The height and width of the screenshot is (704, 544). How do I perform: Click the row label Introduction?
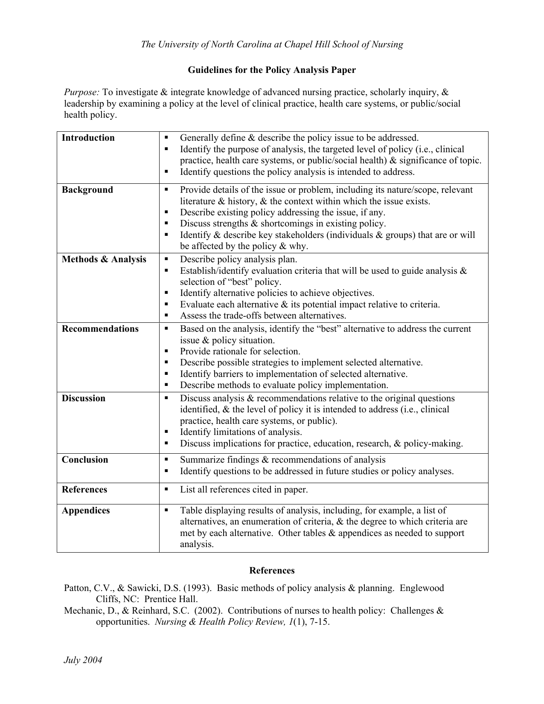(88, 138)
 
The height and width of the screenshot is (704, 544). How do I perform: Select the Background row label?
(87, 190)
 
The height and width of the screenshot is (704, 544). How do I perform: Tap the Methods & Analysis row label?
(104, 259)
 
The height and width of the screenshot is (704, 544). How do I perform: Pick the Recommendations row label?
(100, 329)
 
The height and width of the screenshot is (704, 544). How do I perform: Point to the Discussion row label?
(83, 398)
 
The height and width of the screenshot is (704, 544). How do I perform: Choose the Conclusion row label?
(84, 460)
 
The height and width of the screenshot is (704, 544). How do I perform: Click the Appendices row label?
(85, 510)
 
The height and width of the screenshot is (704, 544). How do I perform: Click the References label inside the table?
(84, 490)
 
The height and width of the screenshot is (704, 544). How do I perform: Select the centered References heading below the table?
(272, 571)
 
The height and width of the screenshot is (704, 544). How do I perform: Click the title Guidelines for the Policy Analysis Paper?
(272, 70)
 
